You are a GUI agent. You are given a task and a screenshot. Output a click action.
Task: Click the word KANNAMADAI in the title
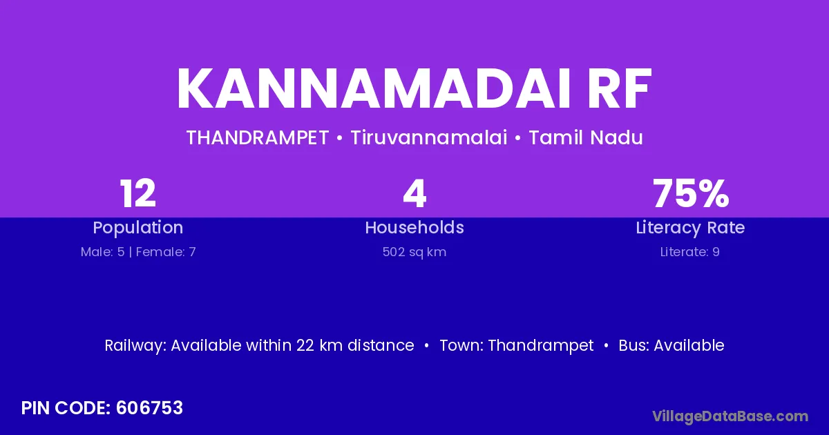coord(374,88)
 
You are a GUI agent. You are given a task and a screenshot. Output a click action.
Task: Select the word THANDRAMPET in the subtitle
coord(258,137)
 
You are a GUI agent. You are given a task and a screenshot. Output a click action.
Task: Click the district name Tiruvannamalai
coord(429,137)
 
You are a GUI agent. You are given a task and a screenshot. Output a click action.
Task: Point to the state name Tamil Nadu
coord(586,137)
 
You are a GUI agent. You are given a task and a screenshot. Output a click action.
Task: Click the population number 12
coord(138,193)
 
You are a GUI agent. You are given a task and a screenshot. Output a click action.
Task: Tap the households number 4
coord(414,193)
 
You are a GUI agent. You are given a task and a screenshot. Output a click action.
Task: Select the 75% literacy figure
coord(691,193)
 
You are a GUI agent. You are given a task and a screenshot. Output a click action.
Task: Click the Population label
coord(138,228)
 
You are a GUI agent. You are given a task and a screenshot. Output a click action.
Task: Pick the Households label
coord(414,227)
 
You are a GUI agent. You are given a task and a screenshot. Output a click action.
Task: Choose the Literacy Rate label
coord(690,228)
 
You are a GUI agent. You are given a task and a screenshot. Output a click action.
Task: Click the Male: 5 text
coord(102,252)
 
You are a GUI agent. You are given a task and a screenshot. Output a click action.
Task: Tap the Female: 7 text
coord(166,252)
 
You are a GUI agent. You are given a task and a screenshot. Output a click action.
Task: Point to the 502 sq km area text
coord(414,252)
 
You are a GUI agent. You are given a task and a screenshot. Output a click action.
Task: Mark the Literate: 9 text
coord(690,252)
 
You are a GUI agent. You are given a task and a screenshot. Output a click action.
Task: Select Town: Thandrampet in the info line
coord(517,346)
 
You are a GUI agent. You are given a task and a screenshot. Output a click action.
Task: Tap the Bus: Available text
coord(671,345)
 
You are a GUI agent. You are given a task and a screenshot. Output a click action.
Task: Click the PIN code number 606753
coord(149,408)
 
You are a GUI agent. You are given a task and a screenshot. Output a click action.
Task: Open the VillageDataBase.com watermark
coord(730,416)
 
